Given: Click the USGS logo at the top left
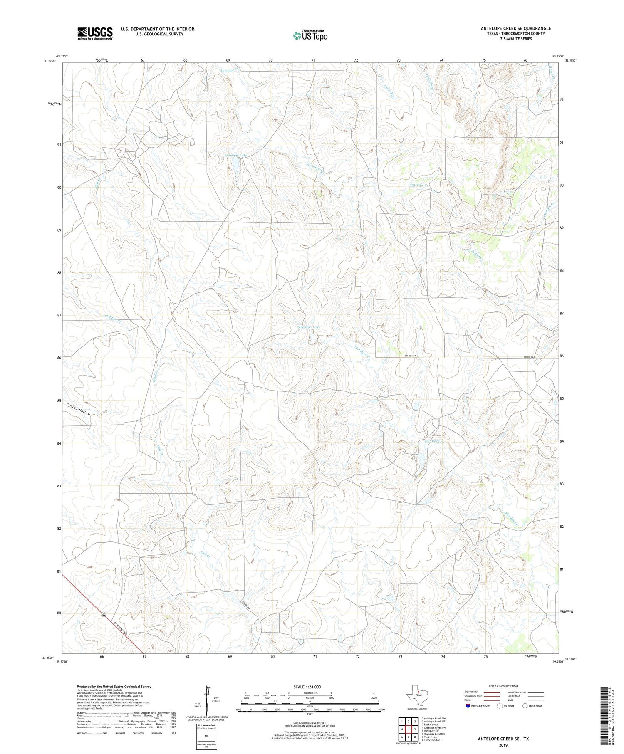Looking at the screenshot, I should point(95,34).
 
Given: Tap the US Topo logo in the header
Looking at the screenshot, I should point(310,36).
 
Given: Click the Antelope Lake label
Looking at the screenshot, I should point(236,156).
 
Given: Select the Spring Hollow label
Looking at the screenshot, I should point(78,410).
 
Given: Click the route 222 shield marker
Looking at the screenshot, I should point(103,615).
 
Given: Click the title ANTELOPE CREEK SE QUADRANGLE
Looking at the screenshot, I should point(516,28).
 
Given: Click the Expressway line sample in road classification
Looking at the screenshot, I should point(494,692).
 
